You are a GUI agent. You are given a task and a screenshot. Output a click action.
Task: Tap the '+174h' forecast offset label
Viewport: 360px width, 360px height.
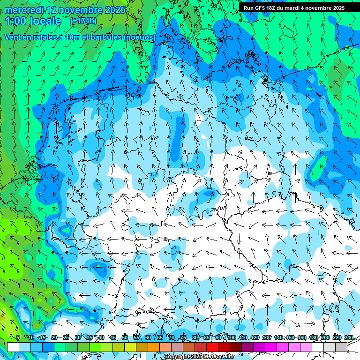(83, 21)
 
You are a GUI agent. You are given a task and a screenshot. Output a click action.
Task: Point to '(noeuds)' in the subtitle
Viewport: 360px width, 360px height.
(139, 37)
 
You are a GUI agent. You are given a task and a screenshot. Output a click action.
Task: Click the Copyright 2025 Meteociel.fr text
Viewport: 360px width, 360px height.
(205, 357)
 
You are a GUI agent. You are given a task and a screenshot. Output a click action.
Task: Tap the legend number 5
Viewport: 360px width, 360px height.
(18, 337)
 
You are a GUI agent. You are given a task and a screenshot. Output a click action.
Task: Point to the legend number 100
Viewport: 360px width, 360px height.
(232, 337)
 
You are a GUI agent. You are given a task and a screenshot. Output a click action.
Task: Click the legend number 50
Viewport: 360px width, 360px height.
(125, 337)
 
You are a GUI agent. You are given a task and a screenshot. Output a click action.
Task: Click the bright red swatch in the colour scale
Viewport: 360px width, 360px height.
(212, 347)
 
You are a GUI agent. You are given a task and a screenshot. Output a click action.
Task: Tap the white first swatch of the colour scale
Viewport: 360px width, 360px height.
(13, 347)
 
